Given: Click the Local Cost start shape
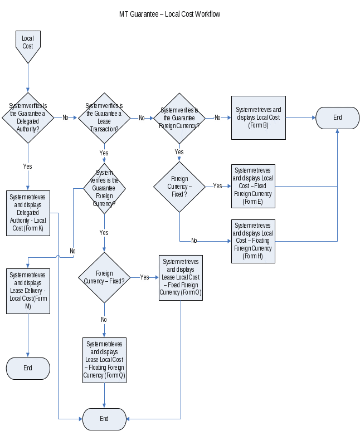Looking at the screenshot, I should (x=28, y=45).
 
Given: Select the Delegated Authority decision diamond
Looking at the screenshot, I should (x=28, y=117).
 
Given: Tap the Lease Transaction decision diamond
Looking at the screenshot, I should (x=104, y=117).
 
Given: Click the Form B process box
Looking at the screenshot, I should (x=259, y=117).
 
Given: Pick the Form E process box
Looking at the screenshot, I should (x=253, y=186).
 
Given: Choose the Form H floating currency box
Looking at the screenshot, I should (x=253, y=241).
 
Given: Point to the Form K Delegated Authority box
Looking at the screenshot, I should (x=28, y=213).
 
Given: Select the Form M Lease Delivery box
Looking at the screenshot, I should (x=28, y=291).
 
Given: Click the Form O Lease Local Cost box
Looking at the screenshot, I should (x=181, y=277).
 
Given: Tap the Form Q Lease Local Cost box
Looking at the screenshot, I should (x=104, y=360).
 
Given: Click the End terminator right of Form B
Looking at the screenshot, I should (x=338, y=117).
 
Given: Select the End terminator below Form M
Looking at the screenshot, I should (x=28, y=368).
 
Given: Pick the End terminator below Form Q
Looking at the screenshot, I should (x=104, y=419).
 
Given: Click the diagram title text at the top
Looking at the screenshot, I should (x=169, y=13).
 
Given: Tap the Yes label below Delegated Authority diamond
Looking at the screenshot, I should (x=27, y=166).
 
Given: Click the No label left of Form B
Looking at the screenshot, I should (x=217, y=117).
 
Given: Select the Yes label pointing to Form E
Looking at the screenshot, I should (x=217, y=186).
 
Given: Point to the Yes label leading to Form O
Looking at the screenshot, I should (x=144, y=277).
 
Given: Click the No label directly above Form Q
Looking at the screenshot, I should (x=104, y=320).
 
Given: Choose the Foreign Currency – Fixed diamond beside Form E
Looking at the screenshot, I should (x=179, y=187).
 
